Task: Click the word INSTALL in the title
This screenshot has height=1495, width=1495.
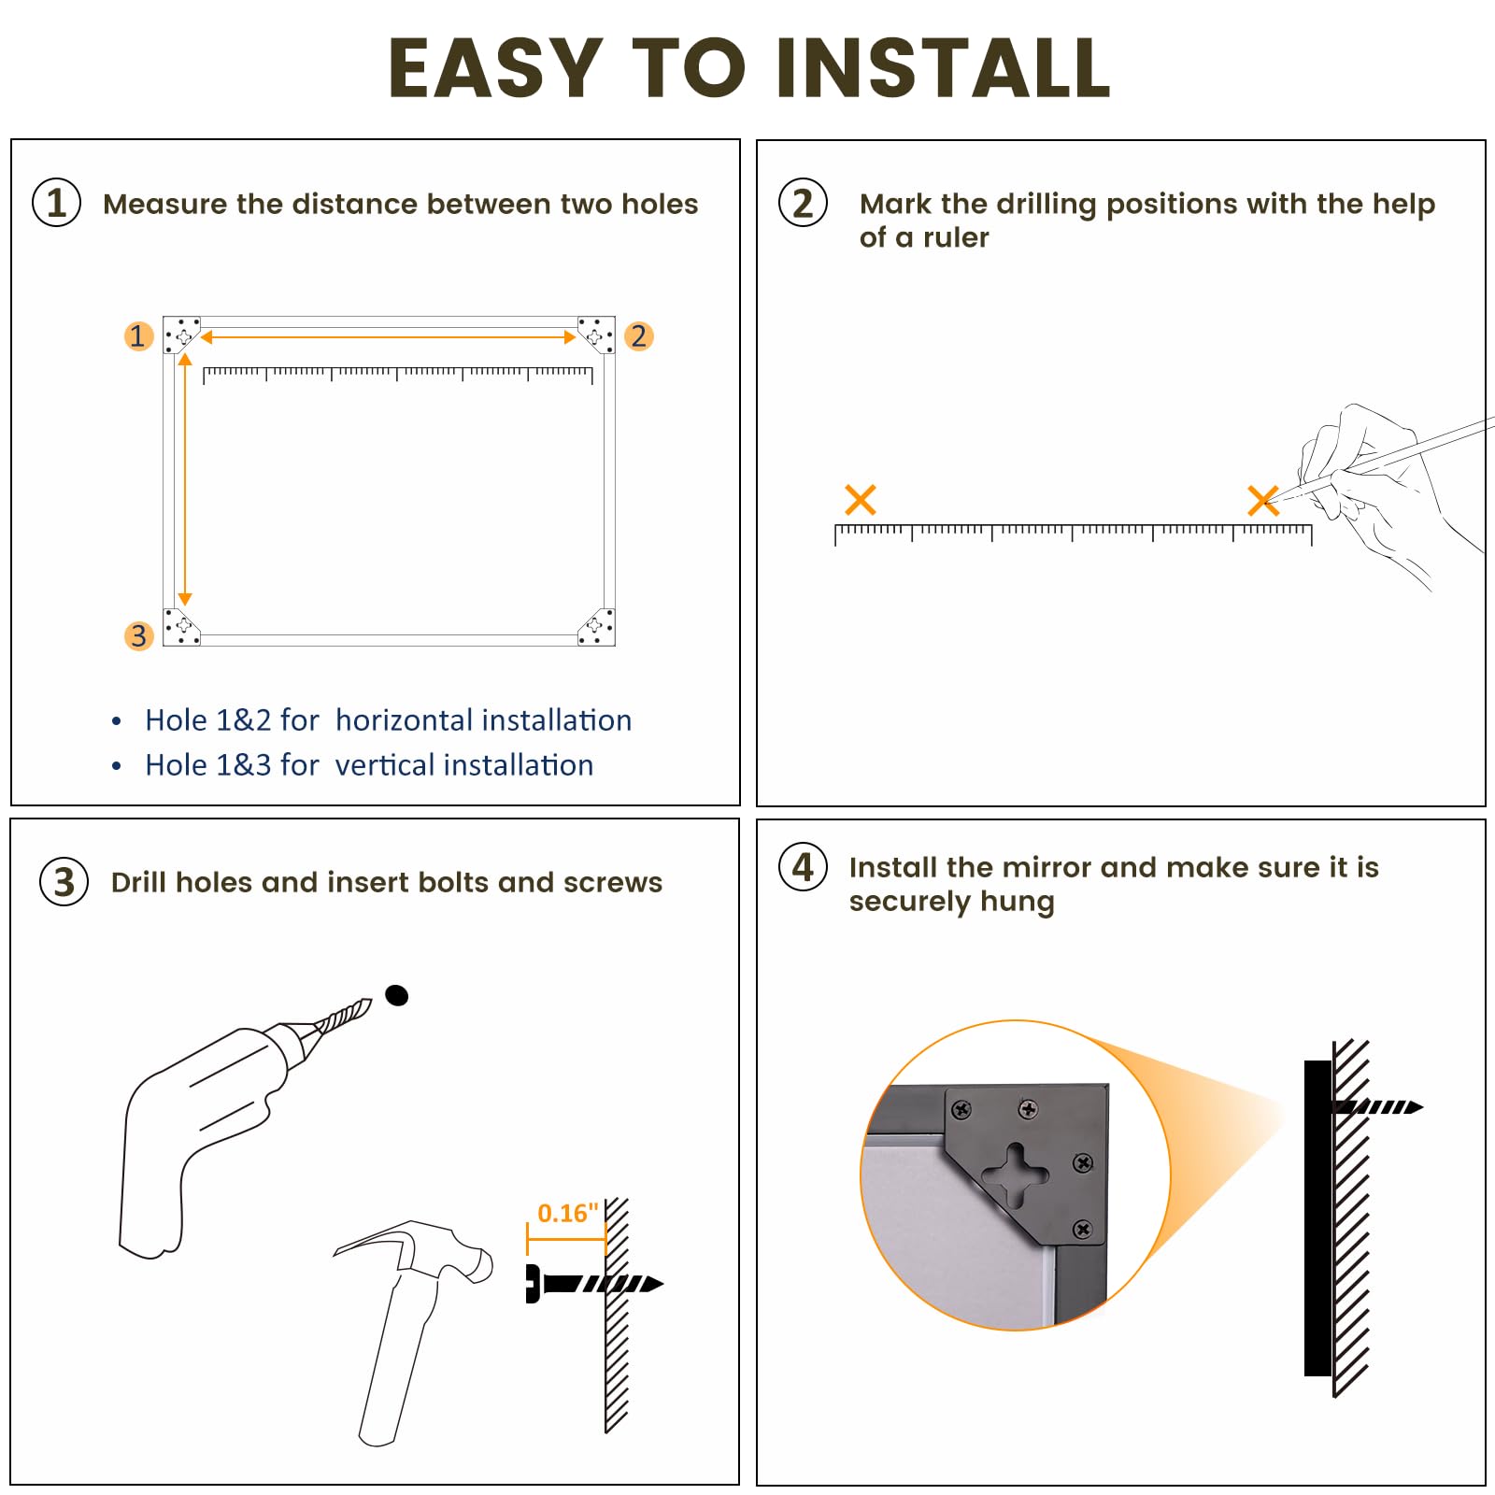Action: pos(943,67)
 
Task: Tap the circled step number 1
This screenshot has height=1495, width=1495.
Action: pos(57,203)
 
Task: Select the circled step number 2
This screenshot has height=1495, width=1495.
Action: pos(803,203)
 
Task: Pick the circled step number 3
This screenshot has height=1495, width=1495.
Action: pos(64,881)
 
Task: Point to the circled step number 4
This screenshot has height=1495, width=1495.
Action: pos(803,866)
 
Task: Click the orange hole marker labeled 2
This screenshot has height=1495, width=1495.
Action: pos(638,335)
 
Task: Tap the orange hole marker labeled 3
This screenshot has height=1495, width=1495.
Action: pos(138,635)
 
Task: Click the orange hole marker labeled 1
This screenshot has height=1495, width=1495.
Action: pos(138,335)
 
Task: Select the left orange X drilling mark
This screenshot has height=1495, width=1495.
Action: pos(860,500)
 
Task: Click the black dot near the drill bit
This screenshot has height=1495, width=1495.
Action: pos(397,995)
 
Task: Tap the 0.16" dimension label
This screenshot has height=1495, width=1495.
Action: pos(567,1213)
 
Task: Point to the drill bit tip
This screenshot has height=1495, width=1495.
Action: pos(370,1001)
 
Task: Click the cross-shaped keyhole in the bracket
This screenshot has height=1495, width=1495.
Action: pos(1015,1174)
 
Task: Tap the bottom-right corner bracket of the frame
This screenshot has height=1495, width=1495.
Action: pos(596,627)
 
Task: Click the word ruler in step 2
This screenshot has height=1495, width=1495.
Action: pos(956,237)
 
